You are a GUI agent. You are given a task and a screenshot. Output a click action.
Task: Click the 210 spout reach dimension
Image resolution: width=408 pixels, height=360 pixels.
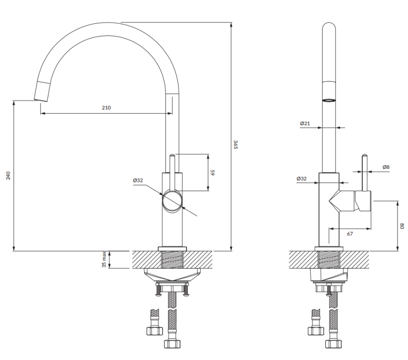106,108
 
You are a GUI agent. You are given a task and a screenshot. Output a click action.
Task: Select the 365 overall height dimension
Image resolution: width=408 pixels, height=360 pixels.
236,145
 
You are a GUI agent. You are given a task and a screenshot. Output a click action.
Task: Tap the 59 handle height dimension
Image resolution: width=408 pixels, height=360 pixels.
214,173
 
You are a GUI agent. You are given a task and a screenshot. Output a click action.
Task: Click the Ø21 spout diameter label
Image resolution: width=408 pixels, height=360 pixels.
305,124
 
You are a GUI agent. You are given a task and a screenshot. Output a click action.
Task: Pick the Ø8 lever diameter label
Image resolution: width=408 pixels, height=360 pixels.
386,167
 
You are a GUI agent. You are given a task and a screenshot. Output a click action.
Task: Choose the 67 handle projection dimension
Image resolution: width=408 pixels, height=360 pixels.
350,234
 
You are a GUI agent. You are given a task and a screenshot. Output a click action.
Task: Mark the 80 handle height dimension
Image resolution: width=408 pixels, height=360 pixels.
402,225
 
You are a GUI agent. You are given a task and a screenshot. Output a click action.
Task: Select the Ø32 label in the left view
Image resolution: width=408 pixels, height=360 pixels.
137,180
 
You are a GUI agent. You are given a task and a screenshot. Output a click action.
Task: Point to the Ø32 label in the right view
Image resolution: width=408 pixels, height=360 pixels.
301,179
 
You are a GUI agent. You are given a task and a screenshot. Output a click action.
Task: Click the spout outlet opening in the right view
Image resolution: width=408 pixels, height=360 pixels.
329,100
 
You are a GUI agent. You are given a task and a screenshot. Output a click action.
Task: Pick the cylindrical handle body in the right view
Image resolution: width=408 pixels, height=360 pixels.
363,202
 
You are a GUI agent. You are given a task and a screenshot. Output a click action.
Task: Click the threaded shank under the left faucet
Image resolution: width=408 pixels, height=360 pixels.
172,259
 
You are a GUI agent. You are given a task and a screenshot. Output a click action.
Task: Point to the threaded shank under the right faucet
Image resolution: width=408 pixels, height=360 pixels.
329,259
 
